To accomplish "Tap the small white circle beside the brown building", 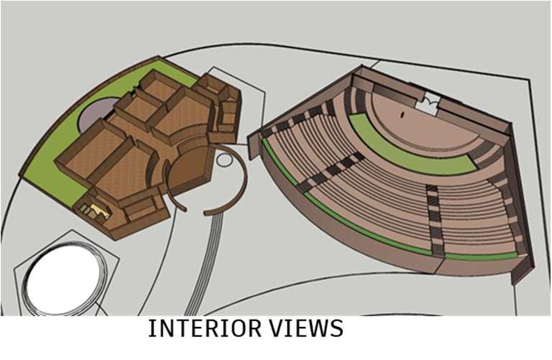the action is pyautogui.click(x=224, y=159).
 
